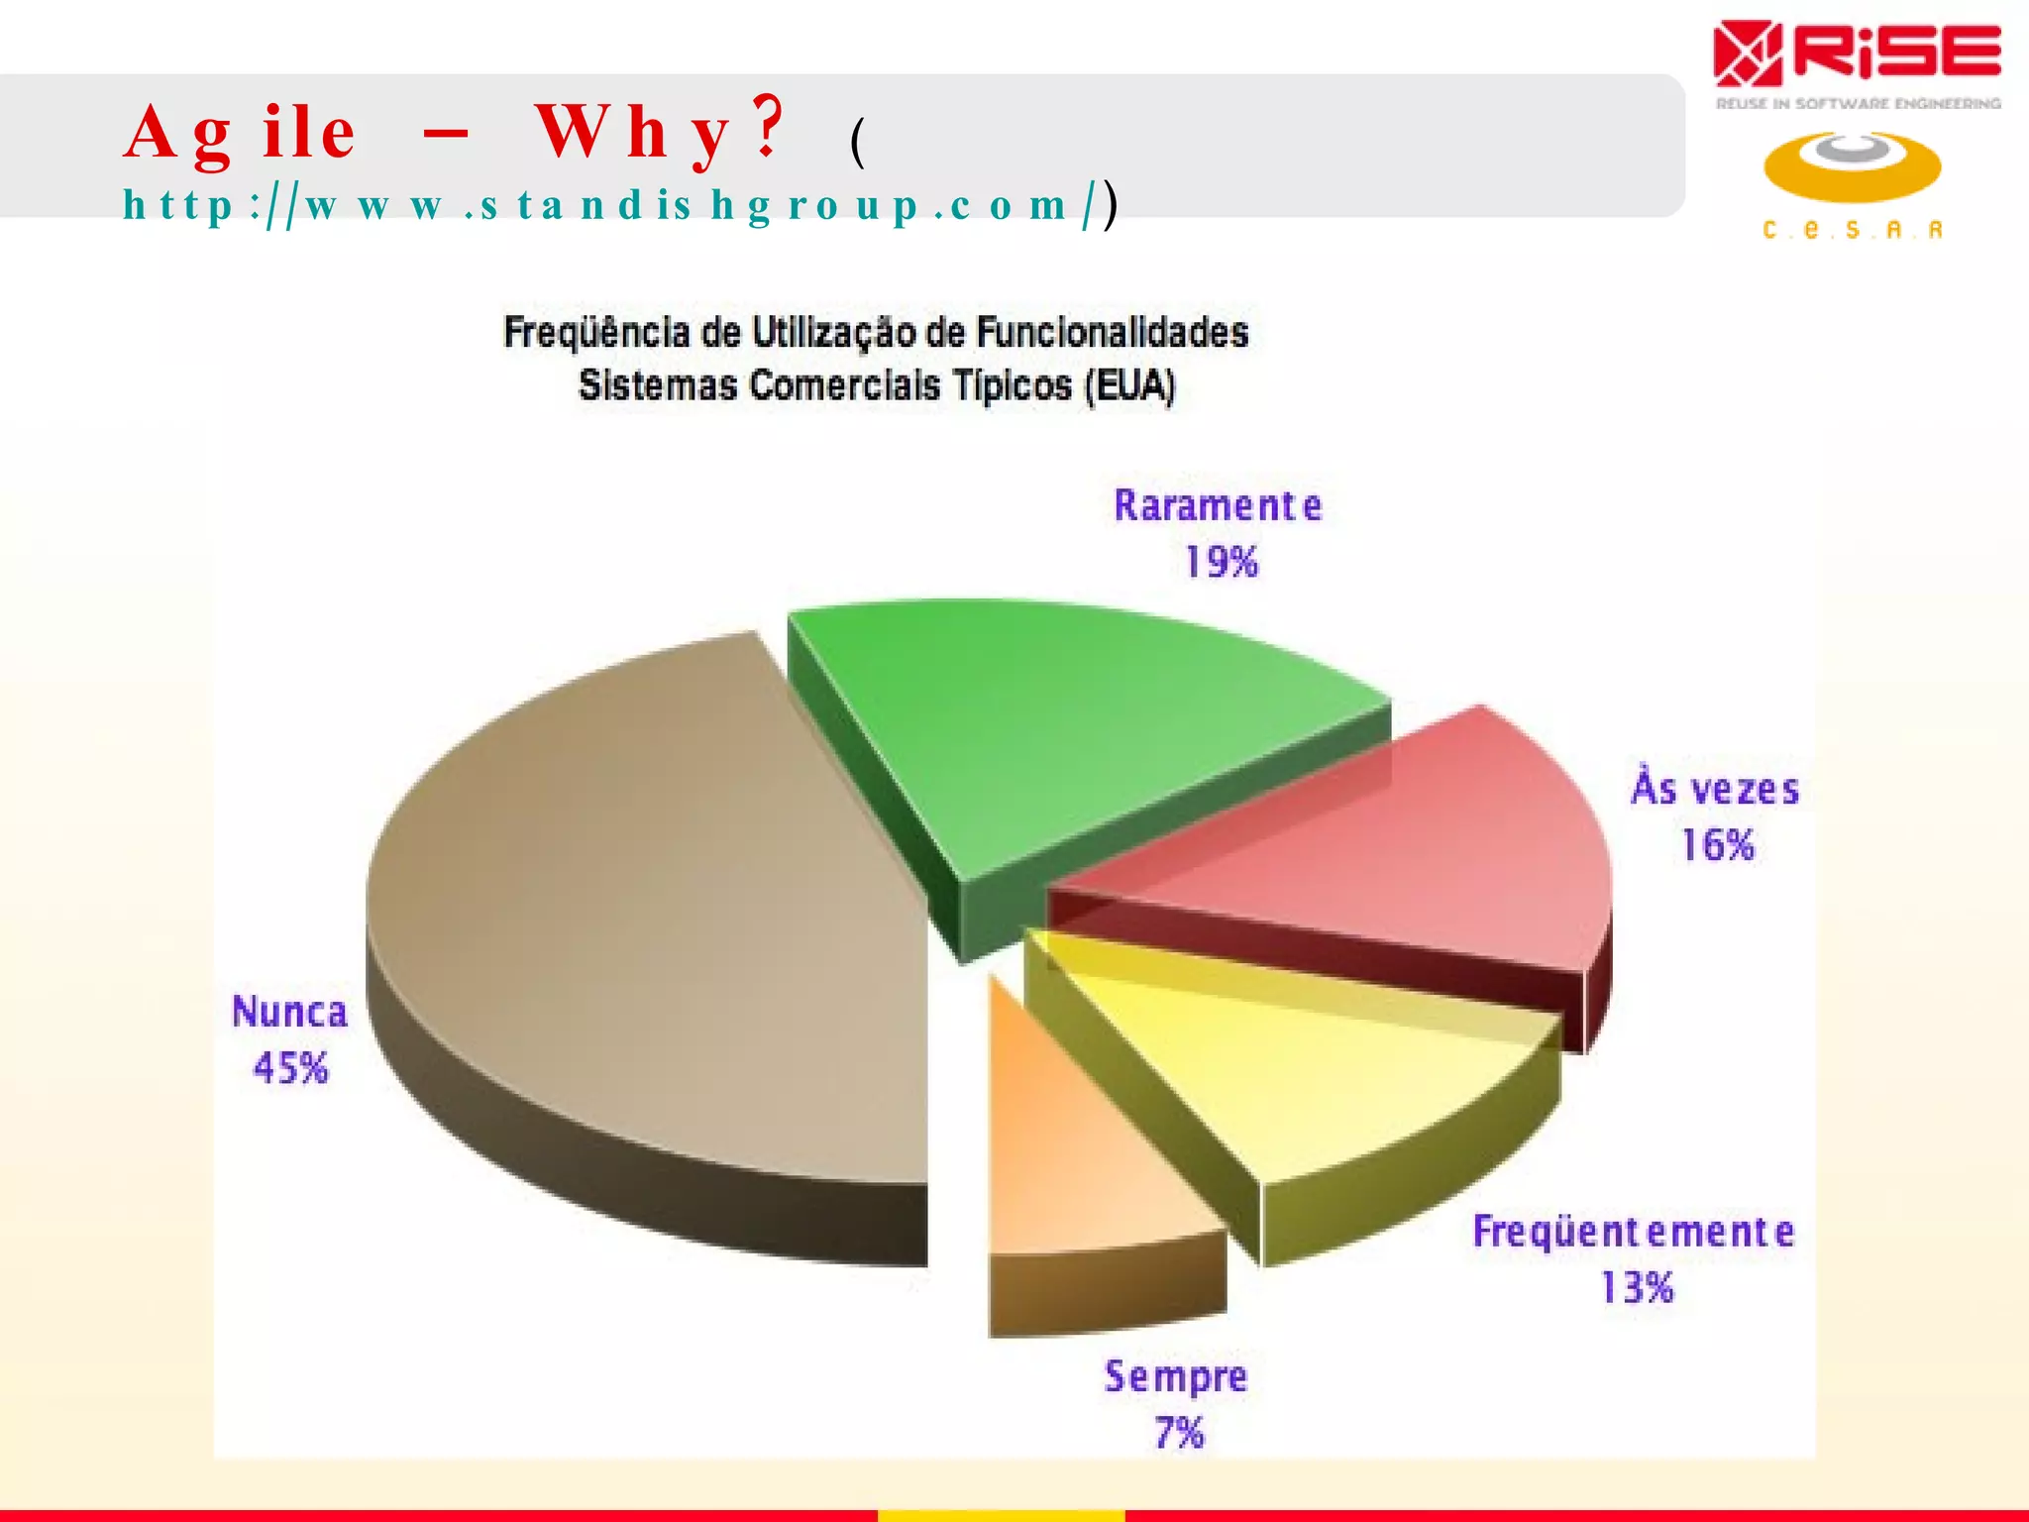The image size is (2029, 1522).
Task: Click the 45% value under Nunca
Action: (290, 1068)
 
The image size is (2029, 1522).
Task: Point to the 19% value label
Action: (1222, 562)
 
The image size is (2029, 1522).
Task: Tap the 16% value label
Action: (1718, 845)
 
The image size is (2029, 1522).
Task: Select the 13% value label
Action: (1637, 1287)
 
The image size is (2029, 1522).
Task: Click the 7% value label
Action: (1179, 1433)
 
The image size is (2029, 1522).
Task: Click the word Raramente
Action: (1218, 505)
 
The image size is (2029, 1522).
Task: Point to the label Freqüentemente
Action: (1633, 1232)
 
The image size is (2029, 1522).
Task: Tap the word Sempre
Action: (1176, 1377)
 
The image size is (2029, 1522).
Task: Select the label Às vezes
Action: (1715, 789)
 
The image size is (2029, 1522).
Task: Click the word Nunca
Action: (289, 1012)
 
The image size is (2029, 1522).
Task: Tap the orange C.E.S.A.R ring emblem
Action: (1852, 166)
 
